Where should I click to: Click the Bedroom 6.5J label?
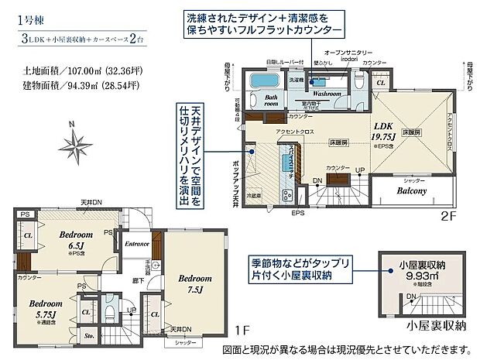click(78, 238)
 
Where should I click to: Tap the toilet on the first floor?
click(110, 314)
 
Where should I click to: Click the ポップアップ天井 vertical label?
click(235, 166)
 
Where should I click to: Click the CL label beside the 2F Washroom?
click(381, 81)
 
